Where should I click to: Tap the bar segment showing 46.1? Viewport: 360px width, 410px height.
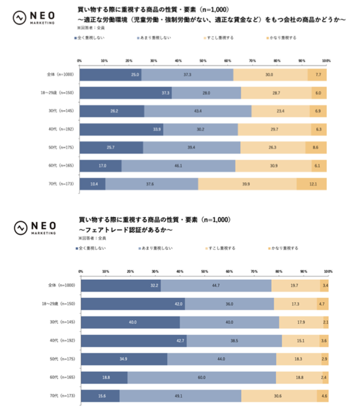(178, 165)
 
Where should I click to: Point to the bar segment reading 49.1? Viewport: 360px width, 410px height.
(180, 396)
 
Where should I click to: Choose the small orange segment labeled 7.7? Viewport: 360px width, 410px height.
(317, 74)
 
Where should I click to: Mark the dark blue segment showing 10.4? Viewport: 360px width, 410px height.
(92, 183)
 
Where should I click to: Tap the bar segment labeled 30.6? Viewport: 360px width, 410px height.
(278, 396)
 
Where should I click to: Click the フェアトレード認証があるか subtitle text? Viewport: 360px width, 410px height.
(126, 230)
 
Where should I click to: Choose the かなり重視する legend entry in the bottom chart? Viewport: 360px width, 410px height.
(285, 248)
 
